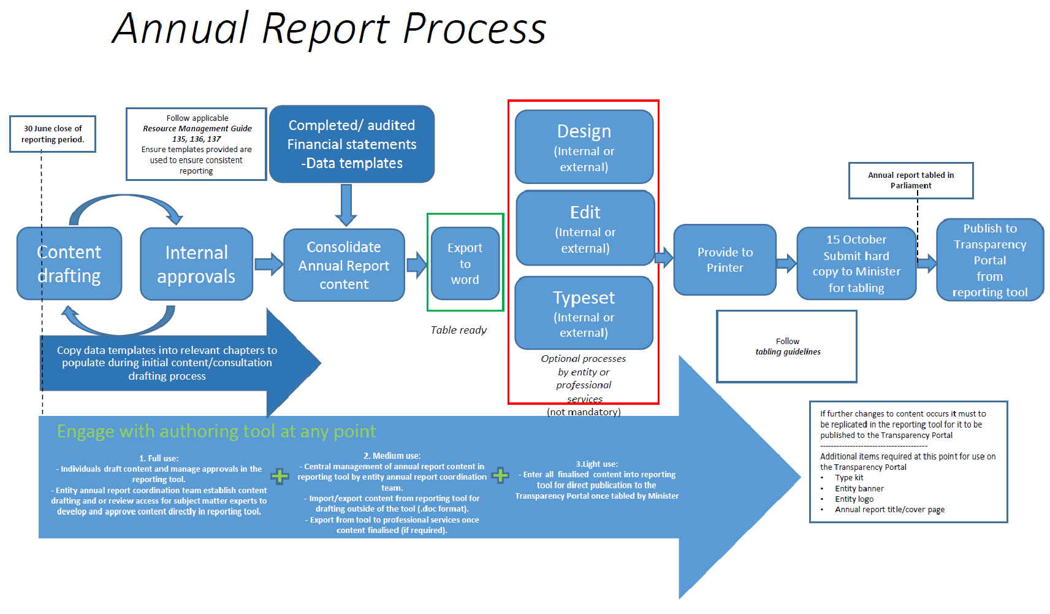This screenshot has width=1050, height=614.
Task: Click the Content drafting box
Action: coord(69,264)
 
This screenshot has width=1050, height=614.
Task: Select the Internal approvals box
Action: coord(196,264)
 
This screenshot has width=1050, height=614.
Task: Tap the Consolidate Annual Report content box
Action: coord(344,266)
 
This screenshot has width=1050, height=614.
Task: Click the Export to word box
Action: coord(465,264)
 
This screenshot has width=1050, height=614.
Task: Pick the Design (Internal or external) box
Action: coord(584,147)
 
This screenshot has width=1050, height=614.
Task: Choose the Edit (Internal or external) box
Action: coord(585,228)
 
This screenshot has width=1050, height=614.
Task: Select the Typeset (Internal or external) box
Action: coord(584,313)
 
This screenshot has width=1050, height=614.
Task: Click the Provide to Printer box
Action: coord(725,260)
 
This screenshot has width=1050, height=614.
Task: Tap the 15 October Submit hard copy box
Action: coord(856,264)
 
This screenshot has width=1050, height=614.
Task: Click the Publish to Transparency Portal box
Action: coord(989,260)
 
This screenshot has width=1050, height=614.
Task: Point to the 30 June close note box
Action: coord(53,134)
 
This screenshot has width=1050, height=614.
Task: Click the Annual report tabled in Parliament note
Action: coord(911,180)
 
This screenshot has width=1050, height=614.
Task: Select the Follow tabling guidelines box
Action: coord(787,347)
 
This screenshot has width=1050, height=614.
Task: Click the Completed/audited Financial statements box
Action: coord(352,144)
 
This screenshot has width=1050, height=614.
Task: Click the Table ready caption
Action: coord(458,330)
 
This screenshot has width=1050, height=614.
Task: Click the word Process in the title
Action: coord(474,29)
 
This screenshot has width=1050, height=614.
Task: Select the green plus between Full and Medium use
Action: coord(280,476)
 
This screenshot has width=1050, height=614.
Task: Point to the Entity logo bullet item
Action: coord(854,499)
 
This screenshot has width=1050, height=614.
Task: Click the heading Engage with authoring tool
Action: coord(216,431)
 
